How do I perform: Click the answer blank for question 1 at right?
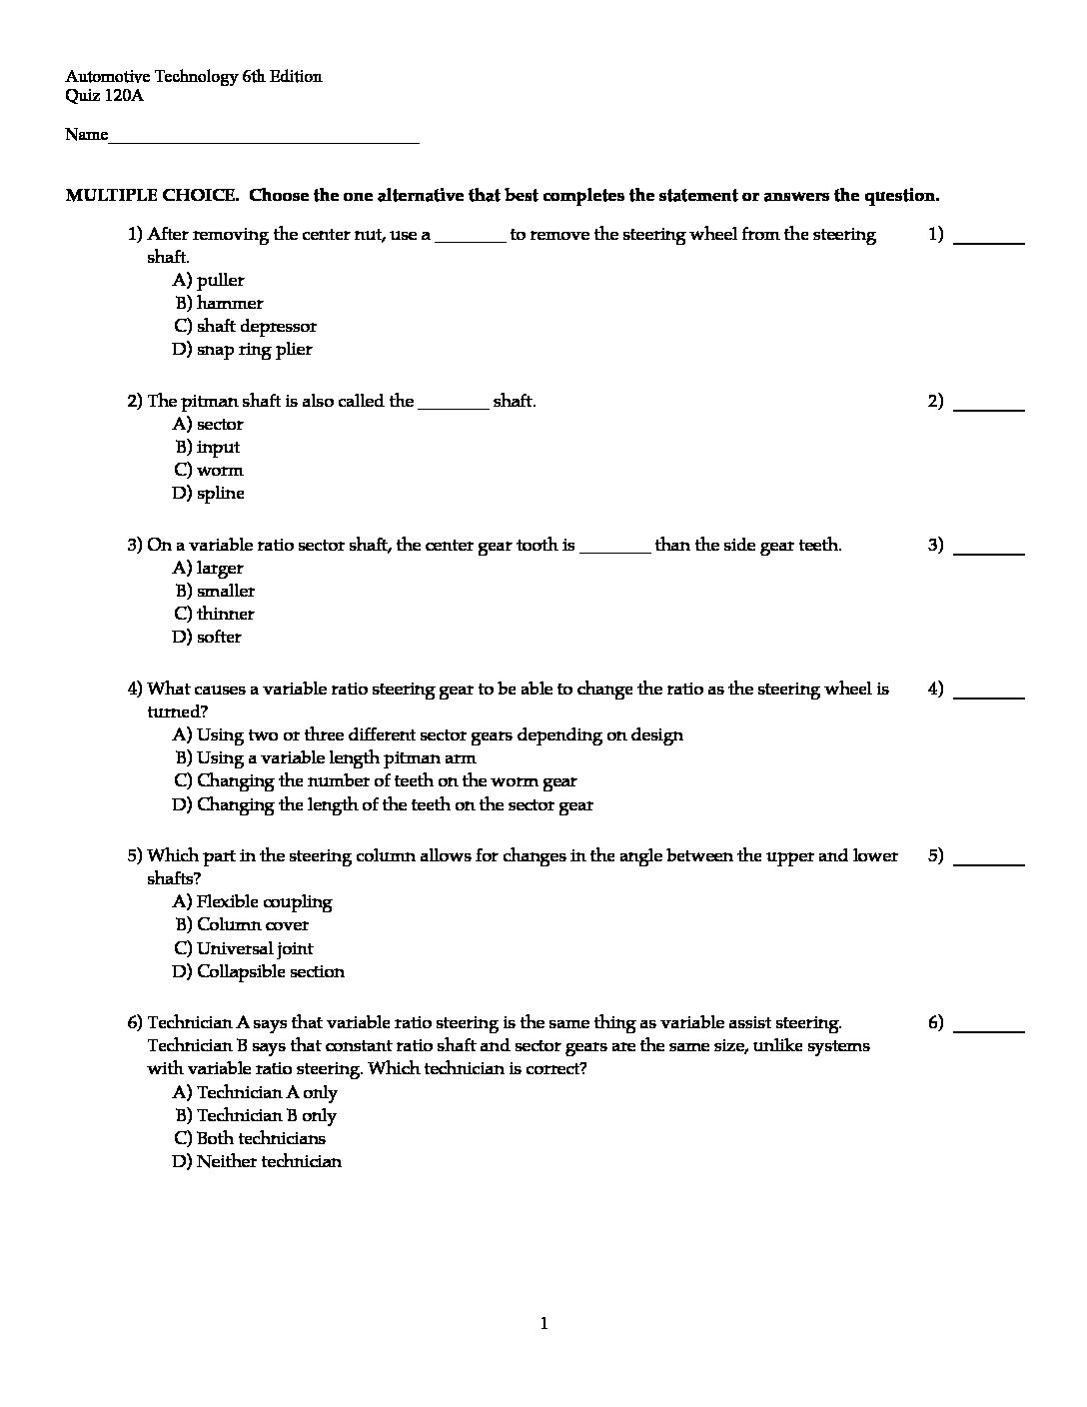tap(989, 241)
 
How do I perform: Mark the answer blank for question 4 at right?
tap(989, 695)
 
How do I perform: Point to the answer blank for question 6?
tap(989, 1028)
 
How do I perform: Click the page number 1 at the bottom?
tap(543, 1325)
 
